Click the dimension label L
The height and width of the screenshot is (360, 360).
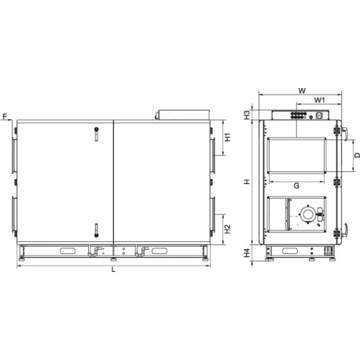pos(113,270)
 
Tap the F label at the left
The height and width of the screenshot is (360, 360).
pos(5,116)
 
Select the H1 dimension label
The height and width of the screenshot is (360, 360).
pos(228,138)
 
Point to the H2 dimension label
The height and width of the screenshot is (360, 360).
pos(228,229)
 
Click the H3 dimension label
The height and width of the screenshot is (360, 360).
pos(247,115)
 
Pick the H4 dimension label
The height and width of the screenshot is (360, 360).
pos(247,253)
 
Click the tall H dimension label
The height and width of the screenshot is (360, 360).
pos(247,182)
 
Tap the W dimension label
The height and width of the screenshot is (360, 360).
pos(302,91)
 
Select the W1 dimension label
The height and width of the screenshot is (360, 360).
pos(320,100)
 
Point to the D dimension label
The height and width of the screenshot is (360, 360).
pos(358,156)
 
